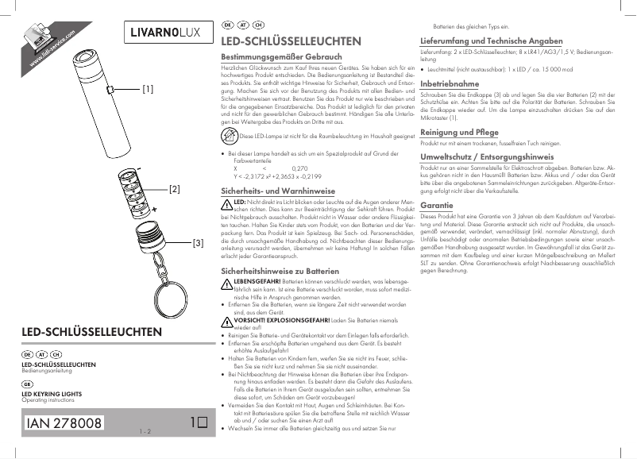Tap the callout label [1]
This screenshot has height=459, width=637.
[148, 90]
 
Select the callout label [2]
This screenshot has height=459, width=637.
[175, 189]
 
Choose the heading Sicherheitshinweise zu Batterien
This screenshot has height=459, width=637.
[274, 272]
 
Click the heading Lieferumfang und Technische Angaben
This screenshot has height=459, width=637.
[491, 40]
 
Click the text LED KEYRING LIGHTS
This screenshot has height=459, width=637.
[51, 393]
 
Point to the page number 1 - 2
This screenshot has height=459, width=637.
[145, 431]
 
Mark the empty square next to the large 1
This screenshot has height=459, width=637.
[203, 424]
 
